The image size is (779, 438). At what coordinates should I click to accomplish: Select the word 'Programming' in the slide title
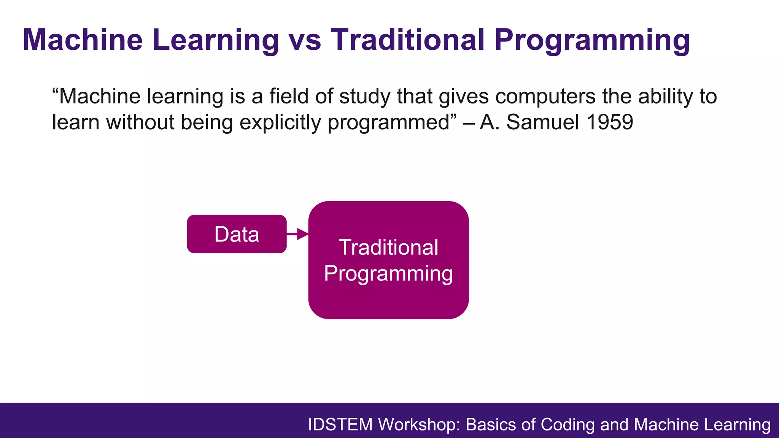tap(592, 41)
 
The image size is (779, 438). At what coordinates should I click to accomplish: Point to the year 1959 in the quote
tap(609, 122)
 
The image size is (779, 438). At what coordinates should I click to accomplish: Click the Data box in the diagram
tap(237, 234)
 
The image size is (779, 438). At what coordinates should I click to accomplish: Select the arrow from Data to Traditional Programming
tap(297, 234)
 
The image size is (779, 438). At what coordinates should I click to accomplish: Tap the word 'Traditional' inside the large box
tap(388, 248)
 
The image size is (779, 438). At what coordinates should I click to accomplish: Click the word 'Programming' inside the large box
tap(388, 274)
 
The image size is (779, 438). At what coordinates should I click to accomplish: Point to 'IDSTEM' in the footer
tap(340, 425)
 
